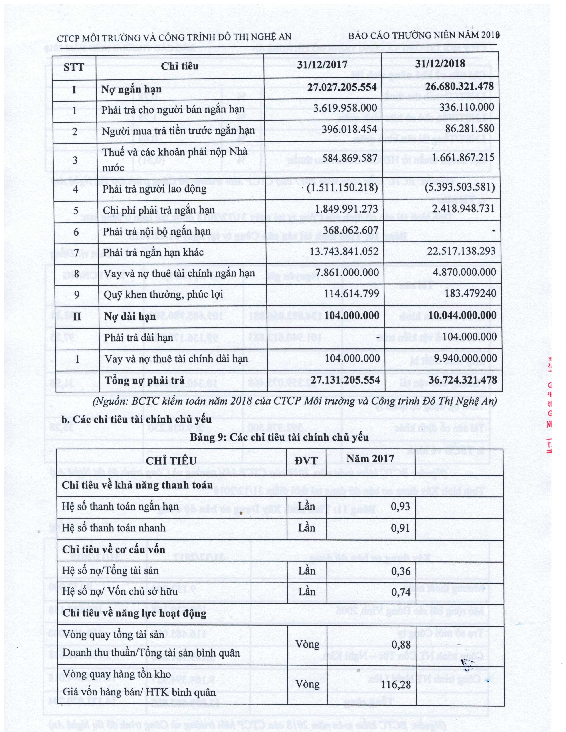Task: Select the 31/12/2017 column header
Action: (322, 65)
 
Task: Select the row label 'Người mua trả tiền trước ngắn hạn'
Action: (178, 131)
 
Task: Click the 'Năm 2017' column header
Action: (370, 458)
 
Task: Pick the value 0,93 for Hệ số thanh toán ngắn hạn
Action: (400, 506)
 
